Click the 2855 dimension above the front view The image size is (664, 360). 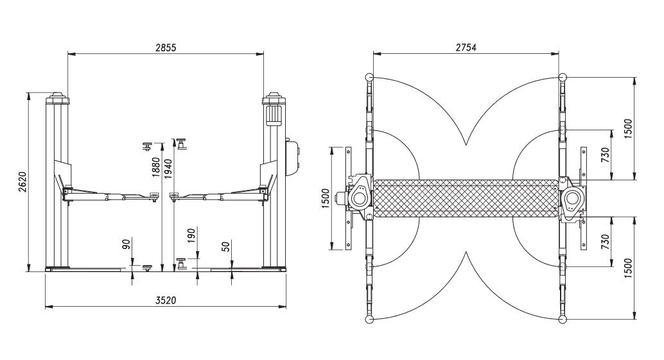pyautogui.click(x=166, y=47)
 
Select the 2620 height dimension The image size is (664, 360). pyautogui.click(x=22, y=182)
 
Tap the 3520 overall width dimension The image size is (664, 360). pyautogui.click(x=166, y=300)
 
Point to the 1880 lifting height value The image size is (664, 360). pyautogui.click(x=156, y=167)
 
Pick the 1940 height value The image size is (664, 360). pyautogui.click(x=168, y=168)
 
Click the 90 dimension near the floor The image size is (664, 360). pyautogui.click(x=127, y=244)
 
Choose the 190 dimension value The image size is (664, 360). pyautogui.click(x=191, y=236)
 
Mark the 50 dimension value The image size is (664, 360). pyautogui.click(x=225, y=246)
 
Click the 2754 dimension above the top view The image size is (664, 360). pyautogui.click(x=466, y=47)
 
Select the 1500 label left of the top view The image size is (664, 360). pyautogui.click(x=325, y=199)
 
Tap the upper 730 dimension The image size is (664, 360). pyautogui.click(x=605, y=155)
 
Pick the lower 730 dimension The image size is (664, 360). pyautogui.click(x=605, y=241)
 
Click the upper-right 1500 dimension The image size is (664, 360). pyautogui.click(x=628, y=128)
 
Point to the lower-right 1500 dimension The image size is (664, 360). pyautogui.click(x=628, y=268)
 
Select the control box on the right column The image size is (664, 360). pyautogui.click(x=292, y=157)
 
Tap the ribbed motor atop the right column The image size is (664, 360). pyautogui.click(x=273, y=115)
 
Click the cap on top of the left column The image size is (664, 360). pyautogui.click(x=58, y=99)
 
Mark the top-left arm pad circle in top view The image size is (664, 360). pyautogui.click(x=369, y=78)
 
